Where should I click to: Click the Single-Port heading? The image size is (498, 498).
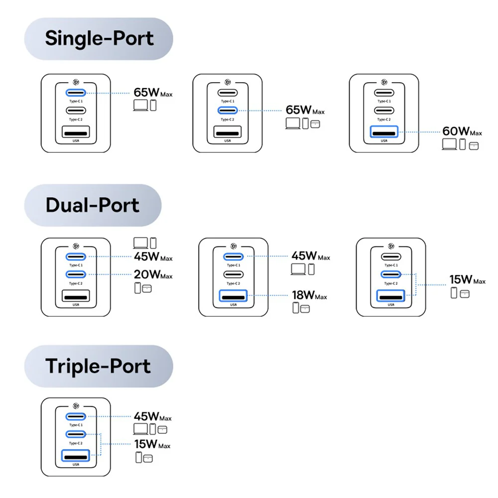click(99, 39)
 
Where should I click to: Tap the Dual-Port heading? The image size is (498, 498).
click(92, 205)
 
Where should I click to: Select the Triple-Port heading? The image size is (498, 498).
click(98, 366)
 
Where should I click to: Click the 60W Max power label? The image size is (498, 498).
click(462, 131)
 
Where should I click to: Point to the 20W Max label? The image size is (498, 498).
click(152, 274)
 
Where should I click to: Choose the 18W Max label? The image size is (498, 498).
click(309, 295)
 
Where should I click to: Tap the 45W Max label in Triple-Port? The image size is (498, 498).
click(152, 417)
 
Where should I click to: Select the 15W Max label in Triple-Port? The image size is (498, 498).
click(152, 444)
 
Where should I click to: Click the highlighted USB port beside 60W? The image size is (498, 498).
click(384, 132)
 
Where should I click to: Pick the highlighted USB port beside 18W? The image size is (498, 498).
click(233, 298)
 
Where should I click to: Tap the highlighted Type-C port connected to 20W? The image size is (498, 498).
click(76, 274)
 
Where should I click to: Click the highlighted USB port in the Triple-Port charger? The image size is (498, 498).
click(76, 455)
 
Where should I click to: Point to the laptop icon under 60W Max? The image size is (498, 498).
click(449, 144)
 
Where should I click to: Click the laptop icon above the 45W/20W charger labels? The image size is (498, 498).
click(140, 243)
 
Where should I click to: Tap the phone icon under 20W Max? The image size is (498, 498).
click(138, 288)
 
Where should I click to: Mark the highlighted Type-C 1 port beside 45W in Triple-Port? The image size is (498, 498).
click(76, 416)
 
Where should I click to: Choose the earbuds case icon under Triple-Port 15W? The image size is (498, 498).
click(147, 458)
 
